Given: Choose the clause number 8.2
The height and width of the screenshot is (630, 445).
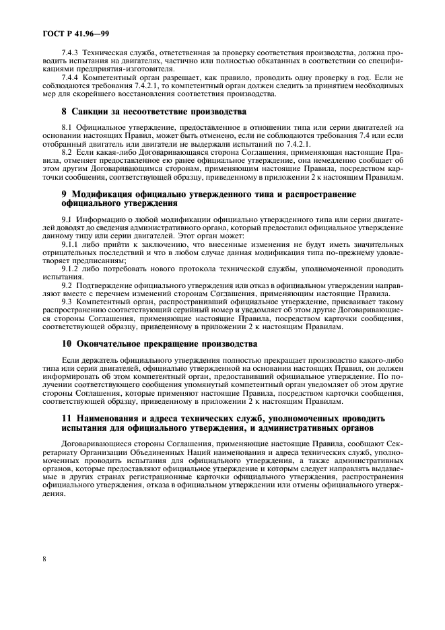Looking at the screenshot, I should click(67, 153).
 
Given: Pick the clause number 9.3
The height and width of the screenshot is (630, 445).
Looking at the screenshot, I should click(67, 303).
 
